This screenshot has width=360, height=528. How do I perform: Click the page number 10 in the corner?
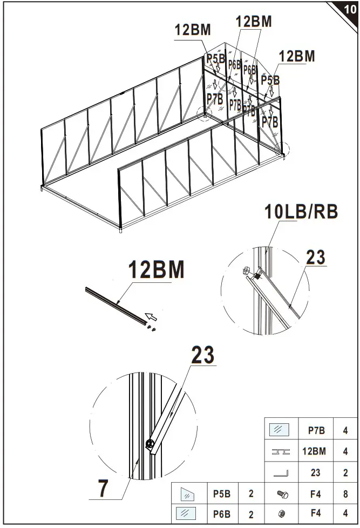350,9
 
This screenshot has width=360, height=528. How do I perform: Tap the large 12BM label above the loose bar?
156,269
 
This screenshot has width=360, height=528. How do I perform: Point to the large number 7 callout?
103,488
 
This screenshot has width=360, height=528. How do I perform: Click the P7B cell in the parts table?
315,430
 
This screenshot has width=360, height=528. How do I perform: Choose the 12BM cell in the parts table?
315,451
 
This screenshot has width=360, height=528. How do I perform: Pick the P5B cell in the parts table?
222,493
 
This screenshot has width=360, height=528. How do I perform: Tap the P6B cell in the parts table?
222,515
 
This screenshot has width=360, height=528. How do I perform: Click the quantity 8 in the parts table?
345,493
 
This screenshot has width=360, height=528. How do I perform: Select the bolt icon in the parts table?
282,493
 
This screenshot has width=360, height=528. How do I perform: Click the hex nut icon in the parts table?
282,515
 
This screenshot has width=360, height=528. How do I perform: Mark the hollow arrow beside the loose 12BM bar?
152,316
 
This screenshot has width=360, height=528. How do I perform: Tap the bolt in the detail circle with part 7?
150,445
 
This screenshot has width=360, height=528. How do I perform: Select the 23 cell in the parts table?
315,472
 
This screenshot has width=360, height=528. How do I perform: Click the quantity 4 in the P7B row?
345,430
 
